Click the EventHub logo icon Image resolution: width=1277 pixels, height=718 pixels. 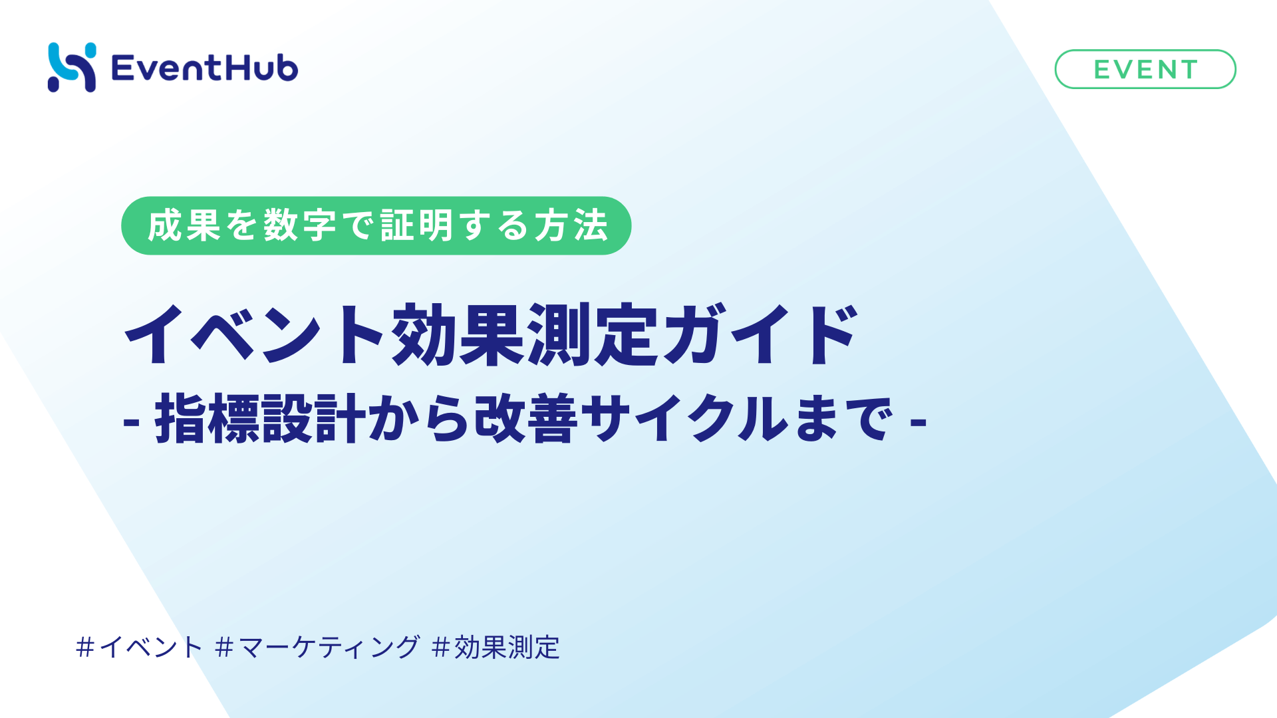point(72,67)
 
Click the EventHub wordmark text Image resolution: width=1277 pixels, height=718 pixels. point(205,68)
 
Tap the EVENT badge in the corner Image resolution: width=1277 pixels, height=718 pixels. point(1145,69)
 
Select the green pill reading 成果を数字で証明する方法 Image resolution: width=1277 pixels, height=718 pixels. point(376,225)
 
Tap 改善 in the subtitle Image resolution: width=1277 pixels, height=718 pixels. point(525,419)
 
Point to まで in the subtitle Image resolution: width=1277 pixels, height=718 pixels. point(843,419)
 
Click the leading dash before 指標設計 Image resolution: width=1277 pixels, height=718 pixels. point(131,421)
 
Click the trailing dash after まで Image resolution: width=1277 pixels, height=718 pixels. point(919,421)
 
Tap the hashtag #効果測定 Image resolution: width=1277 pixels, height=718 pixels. point(496,647)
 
